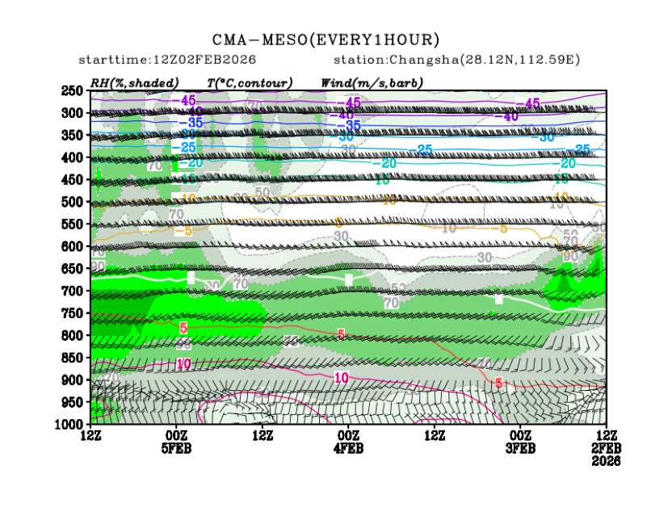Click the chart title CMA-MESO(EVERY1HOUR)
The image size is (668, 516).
point(326,39)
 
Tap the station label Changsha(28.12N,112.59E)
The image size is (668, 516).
point(456,60)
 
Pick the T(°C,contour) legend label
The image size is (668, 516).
point(250,82)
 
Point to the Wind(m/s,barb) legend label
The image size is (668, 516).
point(372,82)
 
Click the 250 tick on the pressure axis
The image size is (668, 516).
point(73,90)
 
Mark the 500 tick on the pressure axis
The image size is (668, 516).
point(73,202)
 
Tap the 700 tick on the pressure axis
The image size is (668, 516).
point(73,291)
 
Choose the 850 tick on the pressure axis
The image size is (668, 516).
point(73,358)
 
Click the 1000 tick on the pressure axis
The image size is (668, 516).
point(69,424)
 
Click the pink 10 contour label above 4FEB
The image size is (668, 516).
point(341,378)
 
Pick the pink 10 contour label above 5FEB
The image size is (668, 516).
point(183,364)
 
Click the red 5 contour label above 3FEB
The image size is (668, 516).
point(499,383)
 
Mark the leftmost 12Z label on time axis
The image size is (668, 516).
point(90,436)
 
